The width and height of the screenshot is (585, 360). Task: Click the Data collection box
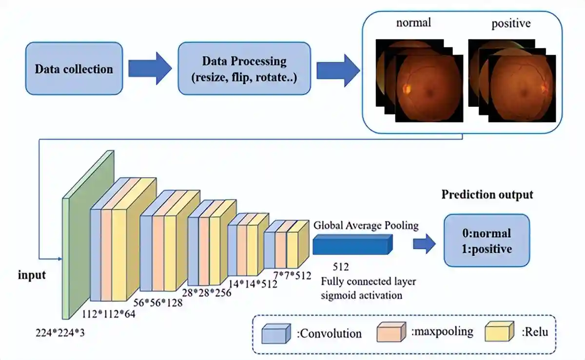click(x=74, y=68)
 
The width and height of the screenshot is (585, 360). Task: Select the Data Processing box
click(x=244, y=68)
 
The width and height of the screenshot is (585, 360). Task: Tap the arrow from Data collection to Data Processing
click(x=150, y=69)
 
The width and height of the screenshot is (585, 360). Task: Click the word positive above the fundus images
click(x=510, y=23)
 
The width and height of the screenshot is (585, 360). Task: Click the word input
click(x=32, y=275)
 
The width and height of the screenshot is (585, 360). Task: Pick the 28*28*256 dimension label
click(x=206, y=293)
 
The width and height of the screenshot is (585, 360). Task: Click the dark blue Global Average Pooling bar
click(x=352, y=243)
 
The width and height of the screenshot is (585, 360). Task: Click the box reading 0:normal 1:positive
click(x=487, y=240)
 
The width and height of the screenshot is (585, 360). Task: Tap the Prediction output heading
click(x=487, y=195)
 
